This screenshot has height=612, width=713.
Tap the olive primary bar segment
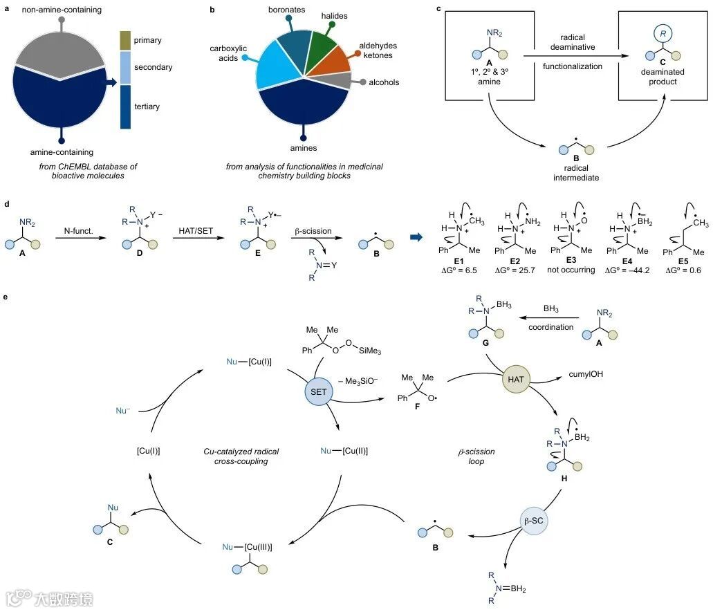click(126, 40)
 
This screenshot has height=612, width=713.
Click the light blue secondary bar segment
click(126, 67)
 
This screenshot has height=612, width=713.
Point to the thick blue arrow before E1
click(417, 237)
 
